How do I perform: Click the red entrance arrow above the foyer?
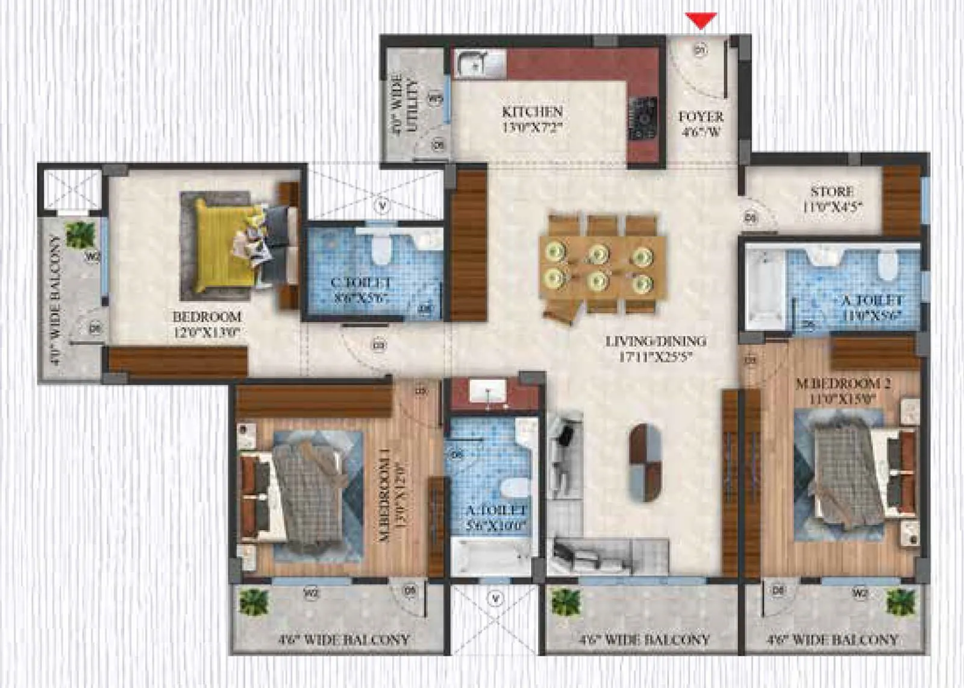(701, 21)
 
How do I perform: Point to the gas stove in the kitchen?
(642, 118)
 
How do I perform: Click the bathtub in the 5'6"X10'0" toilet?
(491, 557)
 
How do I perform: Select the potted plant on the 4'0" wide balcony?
(80, 234)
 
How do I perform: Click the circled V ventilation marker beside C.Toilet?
(381, 206)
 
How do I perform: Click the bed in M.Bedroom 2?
(850, 476)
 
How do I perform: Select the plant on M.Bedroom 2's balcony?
(901, 602)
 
